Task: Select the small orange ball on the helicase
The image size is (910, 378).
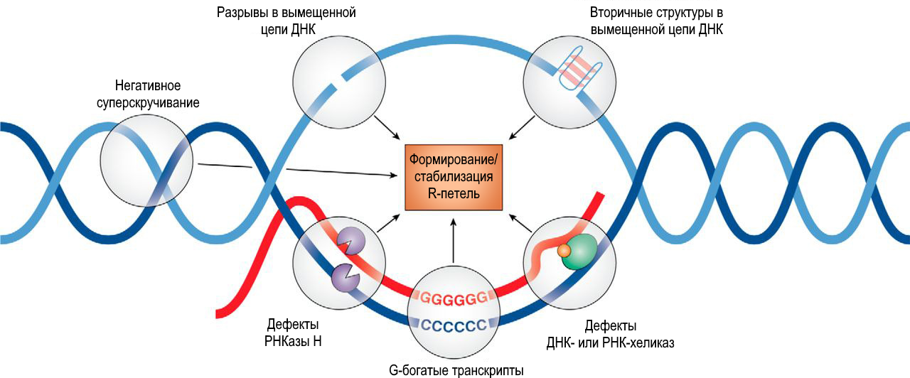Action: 563,251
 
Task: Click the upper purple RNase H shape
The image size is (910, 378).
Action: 350,241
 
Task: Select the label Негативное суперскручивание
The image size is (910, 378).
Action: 148,94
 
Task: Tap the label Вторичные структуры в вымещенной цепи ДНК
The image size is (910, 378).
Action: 657,21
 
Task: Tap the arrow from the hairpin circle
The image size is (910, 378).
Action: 523,127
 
